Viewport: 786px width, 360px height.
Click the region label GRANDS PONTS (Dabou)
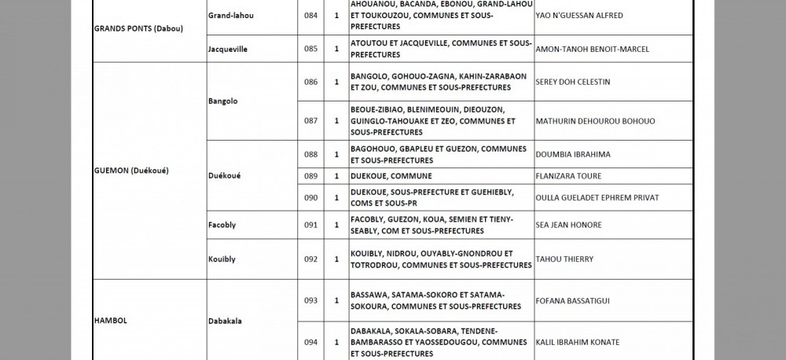[138, 29]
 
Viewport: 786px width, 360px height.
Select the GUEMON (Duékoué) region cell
[131, 171]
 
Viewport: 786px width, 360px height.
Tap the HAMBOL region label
[111, 321]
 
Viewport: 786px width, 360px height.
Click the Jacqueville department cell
[228, 49]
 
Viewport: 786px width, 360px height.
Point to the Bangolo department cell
[223, 101]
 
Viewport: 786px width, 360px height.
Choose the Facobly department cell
[222, 225]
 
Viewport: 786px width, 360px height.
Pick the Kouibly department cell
[222, 259]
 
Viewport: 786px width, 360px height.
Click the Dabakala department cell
[226, 321]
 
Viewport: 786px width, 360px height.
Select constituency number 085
[310, 49]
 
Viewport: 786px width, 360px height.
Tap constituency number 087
[310, 121]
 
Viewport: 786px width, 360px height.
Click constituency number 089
[310, 175]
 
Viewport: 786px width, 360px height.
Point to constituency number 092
[310, 259]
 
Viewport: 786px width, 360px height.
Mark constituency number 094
[310, 342]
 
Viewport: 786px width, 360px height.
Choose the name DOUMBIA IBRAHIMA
[572, 154]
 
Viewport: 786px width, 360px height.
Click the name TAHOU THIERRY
[564, 259]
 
